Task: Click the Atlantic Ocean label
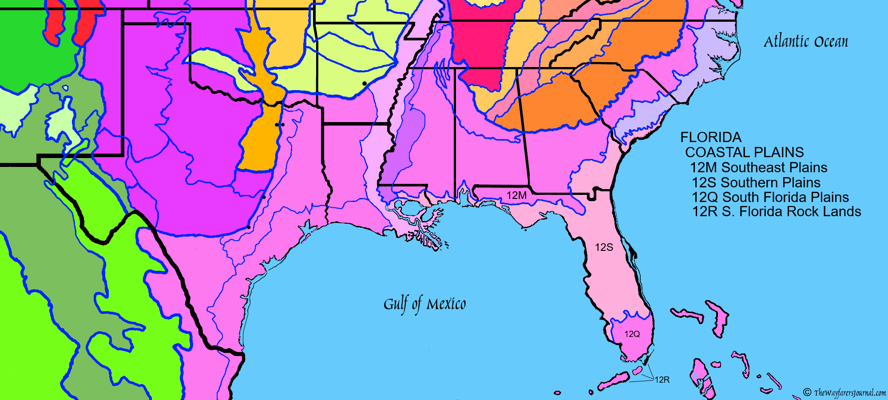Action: pyautogui.click(x=805, y=42)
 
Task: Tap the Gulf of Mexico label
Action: pyautogui.click(x=424, y=305)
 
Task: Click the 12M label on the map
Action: pyautogui.click(x=516, y=195)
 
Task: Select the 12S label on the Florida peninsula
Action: pyautogui.click(x=604, y=248)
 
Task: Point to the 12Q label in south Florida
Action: pyautogui.click(x=632, y=334)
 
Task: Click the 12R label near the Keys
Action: pyautogui.click(x=662, y=380)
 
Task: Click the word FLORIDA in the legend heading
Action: pyautogui.click(x=711, y=137)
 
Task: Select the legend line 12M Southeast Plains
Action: pyautogui.click(x=758, y=168)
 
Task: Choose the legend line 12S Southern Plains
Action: pyautogui.click(x=756, y=182)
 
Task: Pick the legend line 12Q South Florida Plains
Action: pyautogui.click(x=770, y=197)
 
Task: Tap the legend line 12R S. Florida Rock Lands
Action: pyautogui.click(x=776, y=212)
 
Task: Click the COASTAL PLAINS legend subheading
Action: pyautogui.click(x=744, y=152)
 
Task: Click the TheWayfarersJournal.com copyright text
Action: pyautogui.click(x=845, y=392)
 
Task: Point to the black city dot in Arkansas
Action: pyautogui.click(x=365, y=83)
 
